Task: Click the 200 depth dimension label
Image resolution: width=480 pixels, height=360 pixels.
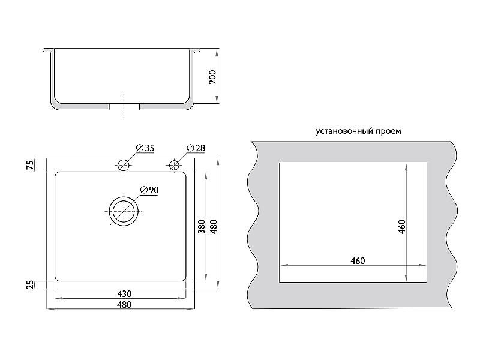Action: pyautogui.click(x=212, y=77)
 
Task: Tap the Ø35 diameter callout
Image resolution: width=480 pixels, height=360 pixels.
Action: pyautogui.click(x=145, y=148)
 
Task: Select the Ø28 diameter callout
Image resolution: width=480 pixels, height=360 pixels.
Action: pyautogui.click(x=196, y=148)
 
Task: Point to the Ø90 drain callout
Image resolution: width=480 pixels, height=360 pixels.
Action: pyautogui.click(x=149, y=190)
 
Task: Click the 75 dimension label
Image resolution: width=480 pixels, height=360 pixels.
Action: pyautogui.click(x=31, y=165)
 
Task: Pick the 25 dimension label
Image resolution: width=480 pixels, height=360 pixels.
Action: pyautogui.click(x=31, y=284)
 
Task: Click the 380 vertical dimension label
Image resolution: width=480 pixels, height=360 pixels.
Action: pyautogui.click(x=201, y=227)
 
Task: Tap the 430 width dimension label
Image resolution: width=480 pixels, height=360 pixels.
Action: pyautogui.click(x=124, y=294)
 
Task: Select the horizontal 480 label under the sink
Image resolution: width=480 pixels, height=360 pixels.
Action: pyautogui.click(x=124, y=305)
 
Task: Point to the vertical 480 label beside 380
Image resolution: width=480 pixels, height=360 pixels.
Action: pyautogui.click(x=214, y=227)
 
